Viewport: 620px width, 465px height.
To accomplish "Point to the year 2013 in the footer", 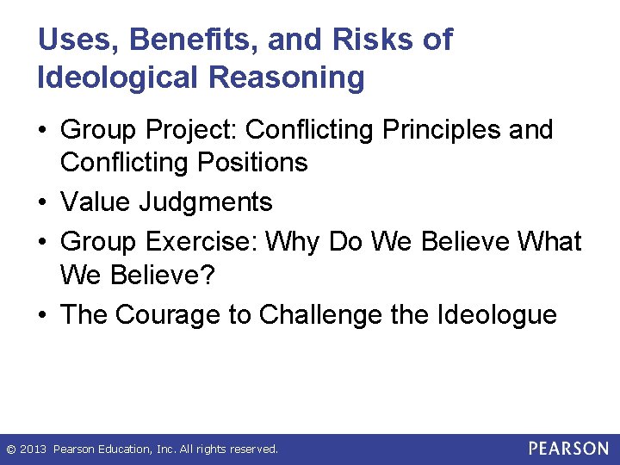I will tap(34, 449).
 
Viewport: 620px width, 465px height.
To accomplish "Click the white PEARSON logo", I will tap(567, 449).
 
